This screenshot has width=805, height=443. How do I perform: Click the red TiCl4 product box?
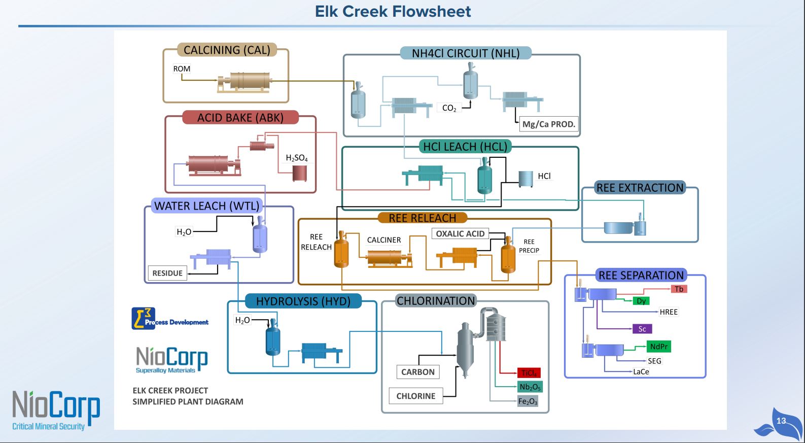click(x=529, y=373)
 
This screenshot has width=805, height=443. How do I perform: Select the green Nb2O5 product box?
click(x=530, y=387)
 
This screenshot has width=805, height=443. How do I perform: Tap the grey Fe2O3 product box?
click(x=528, y=401)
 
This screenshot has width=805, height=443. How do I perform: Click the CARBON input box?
click(x=417, y=372)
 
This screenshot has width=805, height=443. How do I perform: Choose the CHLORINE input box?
click(x=415, y=396)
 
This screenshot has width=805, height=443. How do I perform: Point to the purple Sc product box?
click(x=642, y=329)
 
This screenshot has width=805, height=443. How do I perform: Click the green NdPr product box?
click(x=659, y=347)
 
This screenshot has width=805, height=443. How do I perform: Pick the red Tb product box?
click(x=679, y=289)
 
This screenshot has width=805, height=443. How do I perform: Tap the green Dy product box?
click(x=641, y=301)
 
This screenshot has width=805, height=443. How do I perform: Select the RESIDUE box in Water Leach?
click(x=167, y=273)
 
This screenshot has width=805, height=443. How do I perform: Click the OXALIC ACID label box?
click(x=460, y=233)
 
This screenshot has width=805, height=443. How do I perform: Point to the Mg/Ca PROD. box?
click(x=548, y=124)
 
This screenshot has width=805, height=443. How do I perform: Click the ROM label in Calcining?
click(x=182, y=69)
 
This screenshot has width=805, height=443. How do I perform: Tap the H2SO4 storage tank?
click(x=299, y=174)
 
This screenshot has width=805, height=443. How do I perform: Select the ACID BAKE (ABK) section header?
click(x=240, y=118)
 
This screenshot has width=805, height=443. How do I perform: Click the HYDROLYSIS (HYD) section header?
click(x=303, y=301)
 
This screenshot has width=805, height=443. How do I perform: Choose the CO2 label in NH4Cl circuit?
click(x=449, y=108)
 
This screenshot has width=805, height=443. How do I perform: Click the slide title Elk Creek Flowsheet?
click(x=393, y=12)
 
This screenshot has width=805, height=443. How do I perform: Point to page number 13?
click(x=781, y=421)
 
